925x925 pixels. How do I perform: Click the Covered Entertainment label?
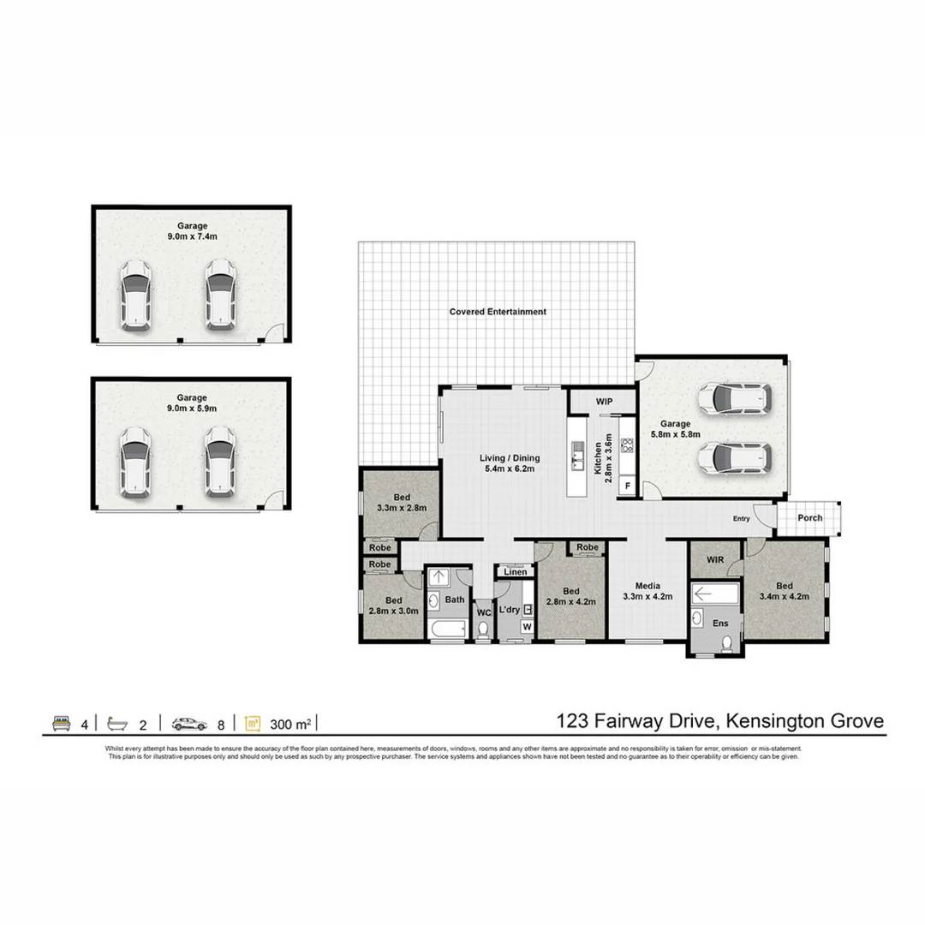498,312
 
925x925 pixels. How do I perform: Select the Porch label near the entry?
809,518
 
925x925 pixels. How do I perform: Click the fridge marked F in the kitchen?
627,486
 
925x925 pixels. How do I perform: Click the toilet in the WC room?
484,630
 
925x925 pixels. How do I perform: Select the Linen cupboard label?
515,571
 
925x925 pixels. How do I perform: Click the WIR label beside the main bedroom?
715,559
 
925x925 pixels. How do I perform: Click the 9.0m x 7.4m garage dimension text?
192,237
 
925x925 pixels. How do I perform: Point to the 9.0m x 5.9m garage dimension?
192,409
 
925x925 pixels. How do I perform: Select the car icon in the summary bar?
189,724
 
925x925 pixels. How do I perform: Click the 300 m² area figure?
289,725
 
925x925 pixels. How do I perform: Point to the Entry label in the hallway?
741,519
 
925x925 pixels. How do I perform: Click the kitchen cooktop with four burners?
627,445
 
